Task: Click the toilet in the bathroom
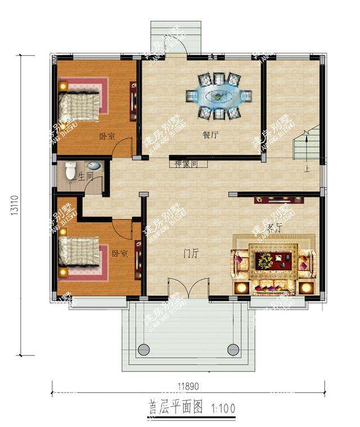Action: (x=70, y=169)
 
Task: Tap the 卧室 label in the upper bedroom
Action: (x=107, y=136)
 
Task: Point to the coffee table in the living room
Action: (x=273, y=260)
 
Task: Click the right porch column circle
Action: (x=233, y=348)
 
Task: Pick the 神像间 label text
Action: (x=186, y=164)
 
